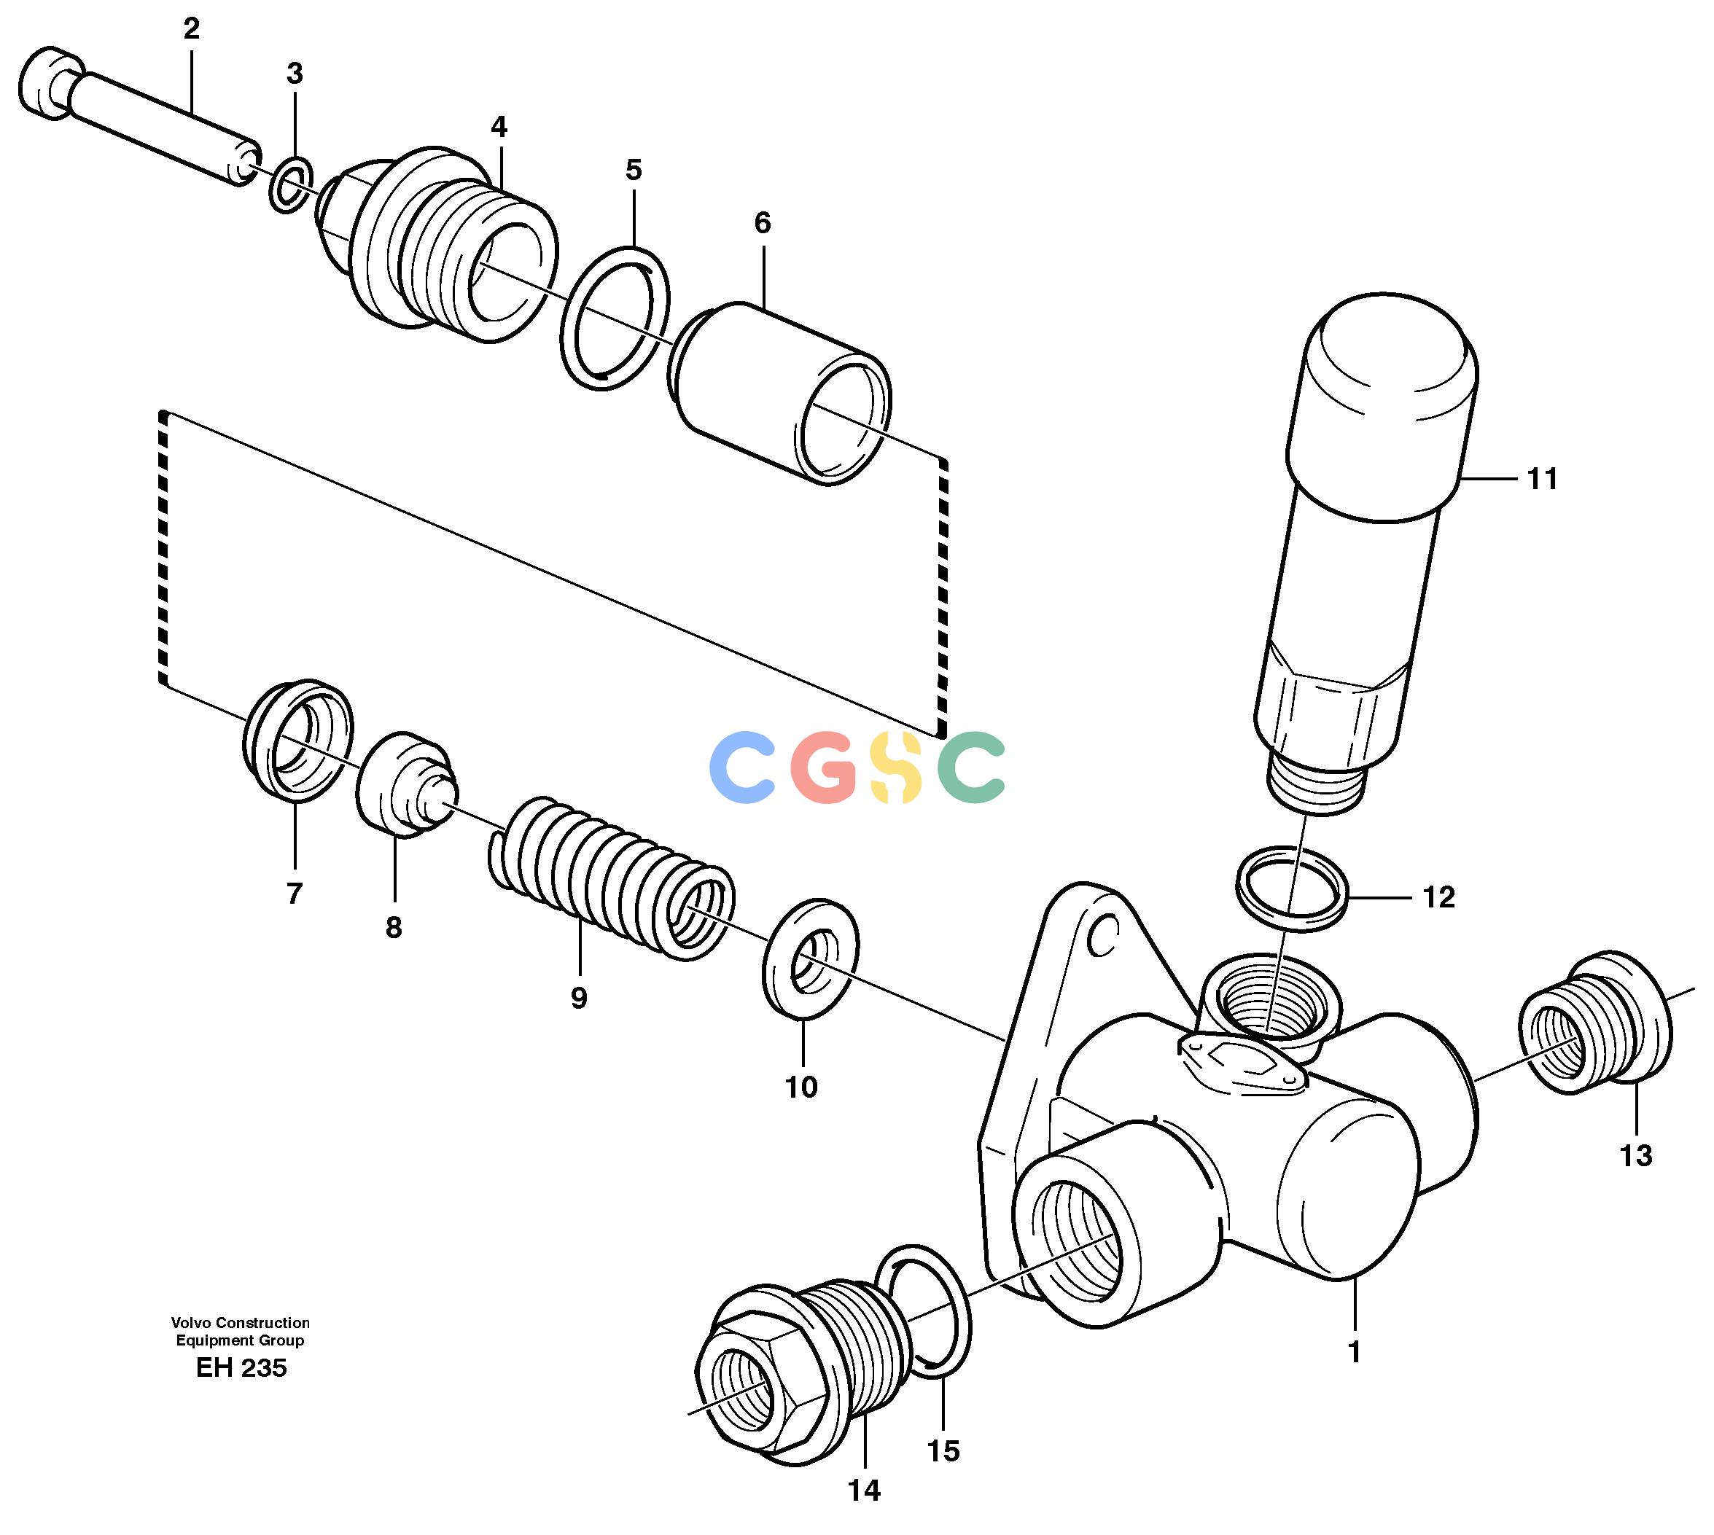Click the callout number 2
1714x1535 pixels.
click(x=192, y=29)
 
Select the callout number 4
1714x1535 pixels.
click(x=499, y=128)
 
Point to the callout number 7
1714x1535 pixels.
click(x=294, y=893)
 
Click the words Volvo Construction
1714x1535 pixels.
click(x=241, y=1322)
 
